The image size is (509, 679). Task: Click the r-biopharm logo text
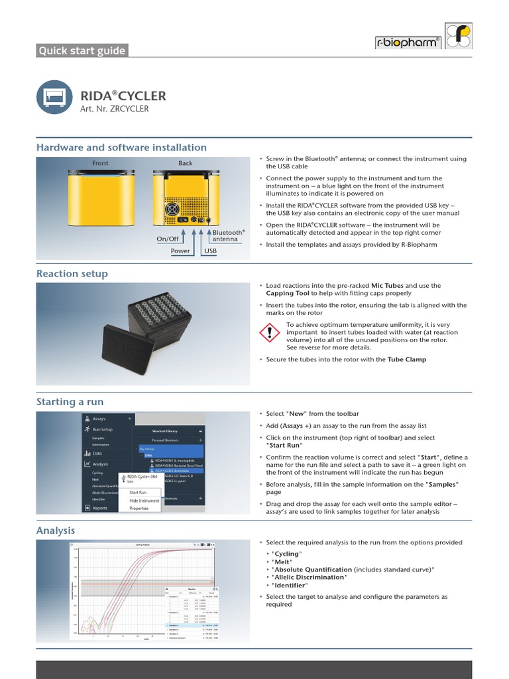point(407,42)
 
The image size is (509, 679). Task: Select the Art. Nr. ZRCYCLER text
point(114,109)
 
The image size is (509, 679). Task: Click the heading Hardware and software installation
point(121,147)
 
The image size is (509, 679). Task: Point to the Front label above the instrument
point(101,162)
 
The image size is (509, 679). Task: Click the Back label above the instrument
point(186,162)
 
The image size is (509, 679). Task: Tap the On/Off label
point(168,239)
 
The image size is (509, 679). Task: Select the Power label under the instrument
point(180,251)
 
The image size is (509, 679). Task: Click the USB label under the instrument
point(210,251)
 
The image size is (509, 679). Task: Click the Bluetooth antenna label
point(229,235)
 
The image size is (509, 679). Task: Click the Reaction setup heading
point(72,273)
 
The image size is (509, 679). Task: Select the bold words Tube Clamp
point(407,359)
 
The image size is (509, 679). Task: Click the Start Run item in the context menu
point(138,492)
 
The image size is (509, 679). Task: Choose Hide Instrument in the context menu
point(144,501)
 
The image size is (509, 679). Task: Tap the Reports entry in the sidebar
point(99,508)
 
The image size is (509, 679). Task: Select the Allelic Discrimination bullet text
point(309,578)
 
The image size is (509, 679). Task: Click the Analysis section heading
point(56,530)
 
